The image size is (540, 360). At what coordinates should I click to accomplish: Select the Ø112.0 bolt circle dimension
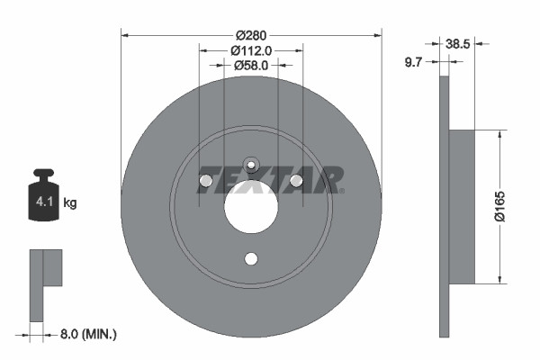(251, 50)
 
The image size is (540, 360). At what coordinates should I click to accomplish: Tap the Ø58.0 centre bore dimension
(251, 65)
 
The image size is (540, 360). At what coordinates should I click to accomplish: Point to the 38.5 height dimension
(459, 41)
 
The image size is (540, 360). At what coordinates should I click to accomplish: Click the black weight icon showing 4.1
(44, 192)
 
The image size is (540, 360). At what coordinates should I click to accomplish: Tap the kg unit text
(69, 203)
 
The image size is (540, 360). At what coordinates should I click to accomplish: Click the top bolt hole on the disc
(251, 165)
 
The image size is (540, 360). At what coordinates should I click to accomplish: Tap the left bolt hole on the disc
(206, 182)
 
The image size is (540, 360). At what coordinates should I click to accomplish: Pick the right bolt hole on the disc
(296, 182)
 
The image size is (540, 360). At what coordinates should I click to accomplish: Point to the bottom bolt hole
(251, 259)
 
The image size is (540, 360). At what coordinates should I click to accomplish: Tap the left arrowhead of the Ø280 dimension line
(124, 35)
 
